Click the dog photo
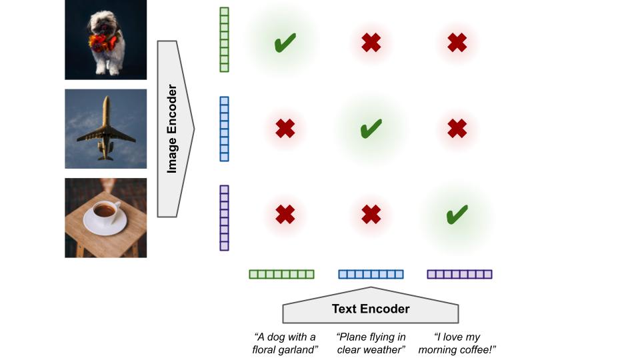(x=105, y=39)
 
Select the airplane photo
(x=105, y=129)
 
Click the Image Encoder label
(x=172, y=129)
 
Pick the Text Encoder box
(x=371, y=309)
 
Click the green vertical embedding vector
(x=224, y=39)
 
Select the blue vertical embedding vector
(x=224, y=129)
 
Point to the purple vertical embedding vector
(x=224, y=217)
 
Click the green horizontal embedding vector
(x=281, y=274)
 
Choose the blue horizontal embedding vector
(x=371, y=274)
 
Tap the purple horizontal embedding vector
(x=459, y=274)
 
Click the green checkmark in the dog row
(x=285, y=44)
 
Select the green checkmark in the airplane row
(x=371, y=128)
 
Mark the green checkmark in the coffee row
(x=457, y=214)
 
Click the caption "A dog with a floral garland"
(x=285, y=343)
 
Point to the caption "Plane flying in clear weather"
(x=371, y=343)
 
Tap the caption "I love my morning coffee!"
(x=457, y=343)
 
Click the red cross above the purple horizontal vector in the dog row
(x=457, y=43)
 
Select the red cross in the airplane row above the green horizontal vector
(x=285, y=128)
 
